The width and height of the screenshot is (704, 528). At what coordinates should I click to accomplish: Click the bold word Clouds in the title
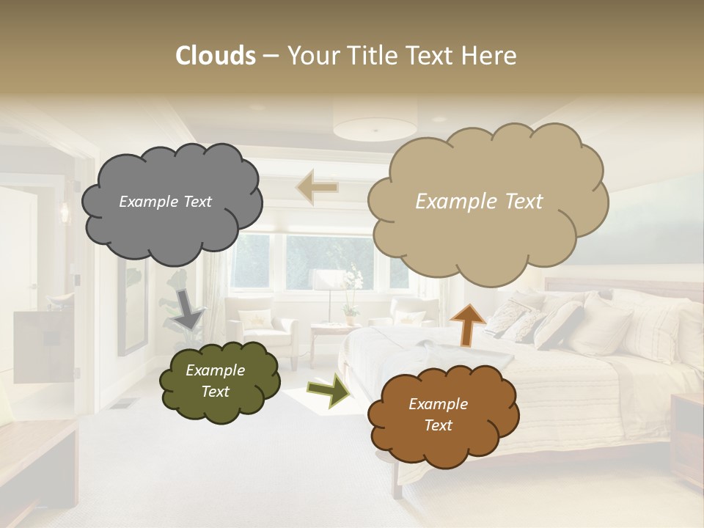point(216,56)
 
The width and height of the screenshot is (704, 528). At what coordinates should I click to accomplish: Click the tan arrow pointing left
point(318,187)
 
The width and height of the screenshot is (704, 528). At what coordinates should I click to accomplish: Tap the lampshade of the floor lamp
point(329,279)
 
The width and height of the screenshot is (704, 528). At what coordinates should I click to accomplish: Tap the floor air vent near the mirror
point(123,403)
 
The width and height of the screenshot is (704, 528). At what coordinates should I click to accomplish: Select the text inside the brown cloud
point(438,415)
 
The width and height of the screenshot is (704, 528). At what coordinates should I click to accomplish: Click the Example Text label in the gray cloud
point(165,202)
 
